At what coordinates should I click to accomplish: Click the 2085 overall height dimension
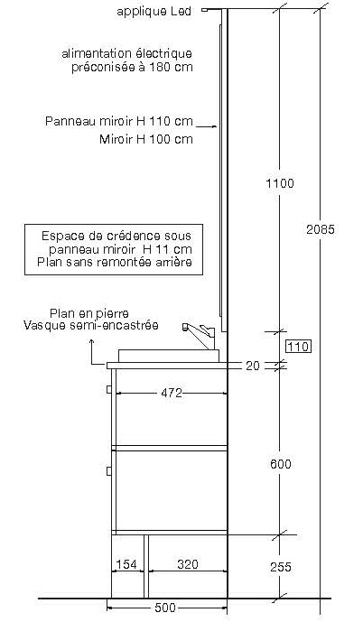tap(321, 229)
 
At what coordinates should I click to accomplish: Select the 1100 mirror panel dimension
tap(280, 183)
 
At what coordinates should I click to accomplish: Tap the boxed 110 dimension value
tap(298, 347)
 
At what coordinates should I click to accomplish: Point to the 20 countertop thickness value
tap(252, 366)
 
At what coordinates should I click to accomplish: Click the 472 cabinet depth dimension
tap(172, 393)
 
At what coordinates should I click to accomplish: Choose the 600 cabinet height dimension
tap(281, 464)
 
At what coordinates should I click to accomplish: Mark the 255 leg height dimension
tap(281, 567)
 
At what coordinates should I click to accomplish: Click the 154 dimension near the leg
tap(126, 564)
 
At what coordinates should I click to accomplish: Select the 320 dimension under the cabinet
tap(187, 564)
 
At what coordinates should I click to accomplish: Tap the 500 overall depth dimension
tap(164, 608)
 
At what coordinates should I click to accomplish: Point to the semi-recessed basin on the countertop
tap(169, 356)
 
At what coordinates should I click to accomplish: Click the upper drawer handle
tap(108, 389)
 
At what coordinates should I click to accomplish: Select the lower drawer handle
tap(108, 471)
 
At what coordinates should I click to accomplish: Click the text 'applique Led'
tap(154, 12)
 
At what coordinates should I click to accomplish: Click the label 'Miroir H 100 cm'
tap(146, 139)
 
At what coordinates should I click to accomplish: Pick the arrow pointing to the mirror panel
tap(207, 126)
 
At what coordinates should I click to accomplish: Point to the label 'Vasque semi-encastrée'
tap(91, 325)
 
